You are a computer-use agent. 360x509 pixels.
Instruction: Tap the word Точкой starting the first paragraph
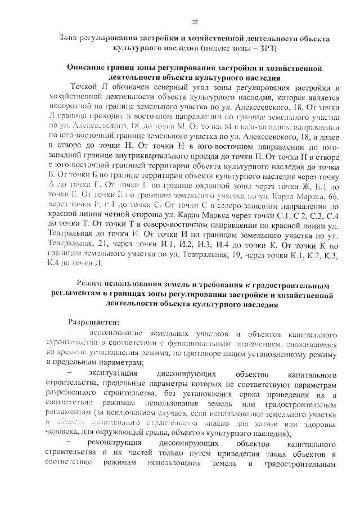click(x=87, y=87)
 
